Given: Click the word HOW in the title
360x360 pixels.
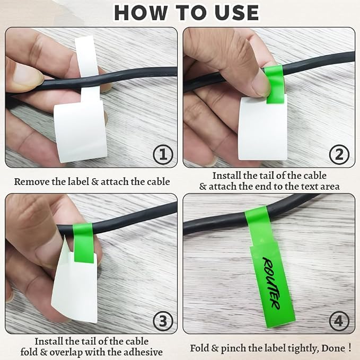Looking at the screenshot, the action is (x=141, y=13).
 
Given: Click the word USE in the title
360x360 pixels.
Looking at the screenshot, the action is (x=236, y=13).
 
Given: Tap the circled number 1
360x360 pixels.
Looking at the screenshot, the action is (x=163, y=154).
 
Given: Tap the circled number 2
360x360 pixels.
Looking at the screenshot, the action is (x=339, y=154).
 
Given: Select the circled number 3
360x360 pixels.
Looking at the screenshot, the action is (x=163, y=321).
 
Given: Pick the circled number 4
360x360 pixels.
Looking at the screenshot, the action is (x=339, y=321).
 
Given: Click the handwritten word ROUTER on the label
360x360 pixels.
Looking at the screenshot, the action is (x=271, y=283).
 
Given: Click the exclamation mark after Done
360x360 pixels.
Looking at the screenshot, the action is (x=349, y=348).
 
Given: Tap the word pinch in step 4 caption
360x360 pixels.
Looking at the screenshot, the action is (x=233, y=348).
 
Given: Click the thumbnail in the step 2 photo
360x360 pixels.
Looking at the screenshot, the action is (x=260, y=85).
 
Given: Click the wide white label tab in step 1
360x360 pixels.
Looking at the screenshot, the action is (x=81, y=131).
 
